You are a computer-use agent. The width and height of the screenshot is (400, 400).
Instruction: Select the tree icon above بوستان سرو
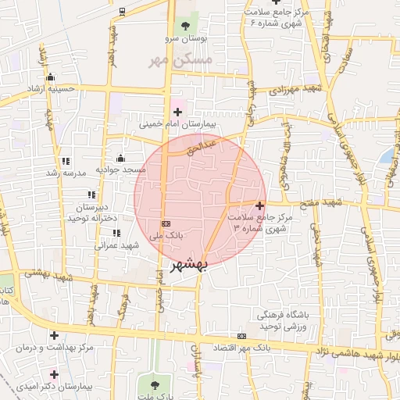tap(184, 27)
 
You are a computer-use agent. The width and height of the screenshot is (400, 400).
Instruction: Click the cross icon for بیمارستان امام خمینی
tap(177, 112)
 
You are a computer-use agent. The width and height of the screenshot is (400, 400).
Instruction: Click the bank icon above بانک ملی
tap(166, 222)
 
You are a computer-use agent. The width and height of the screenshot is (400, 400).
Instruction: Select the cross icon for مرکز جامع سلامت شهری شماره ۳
tap(259, 205)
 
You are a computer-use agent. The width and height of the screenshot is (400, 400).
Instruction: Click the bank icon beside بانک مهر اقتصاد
tap(241, 336)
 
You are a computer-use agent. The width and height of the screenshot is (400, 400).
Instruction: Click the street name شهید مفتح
tap(324, 203)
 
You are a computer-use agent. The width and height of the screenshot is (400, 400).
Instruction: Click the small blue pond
tap(385, 157)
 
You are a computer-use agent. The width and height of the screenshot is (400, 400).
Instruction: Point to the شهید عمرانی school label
tap(116, 245)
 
